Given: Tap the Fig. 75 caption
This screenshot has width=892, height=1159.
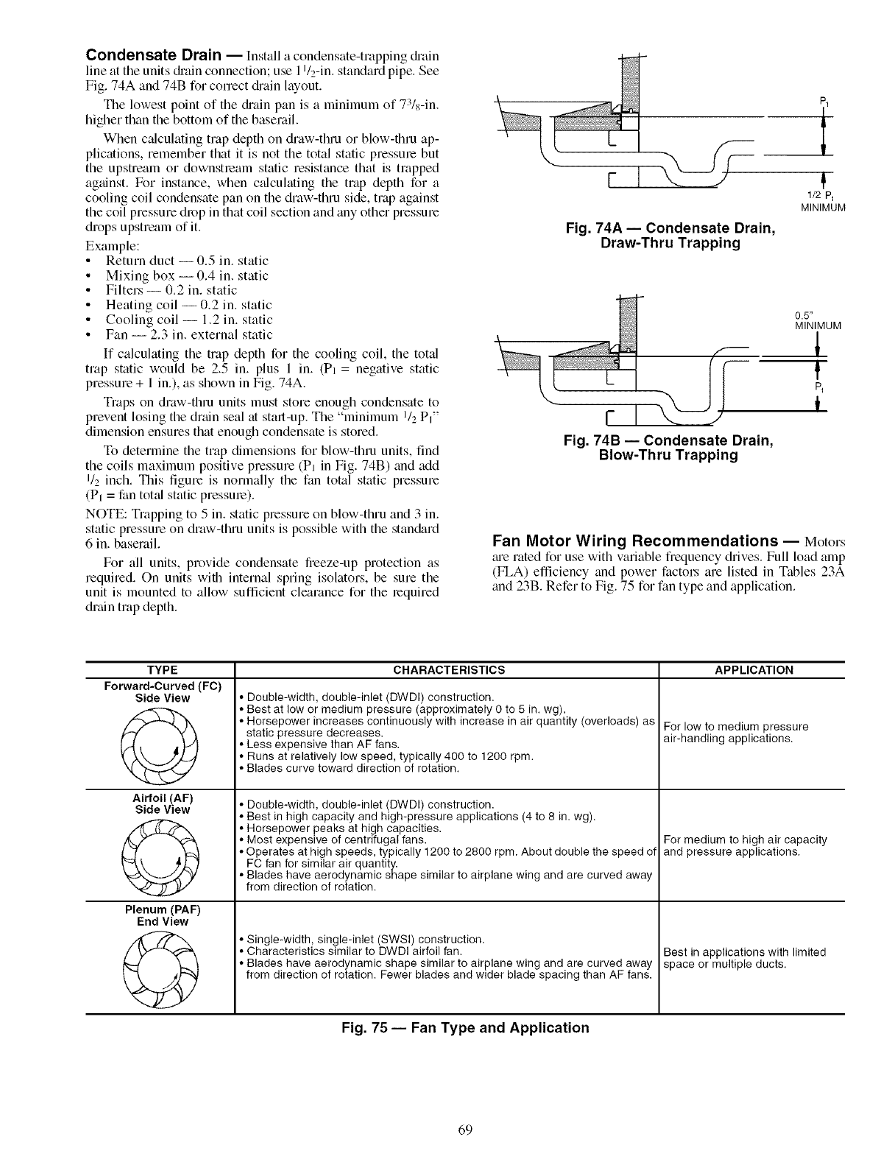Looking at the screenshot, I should tap(465, 1027).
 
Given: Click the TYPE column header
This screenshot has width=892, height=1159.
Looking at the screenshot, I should tap(163, 669).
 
